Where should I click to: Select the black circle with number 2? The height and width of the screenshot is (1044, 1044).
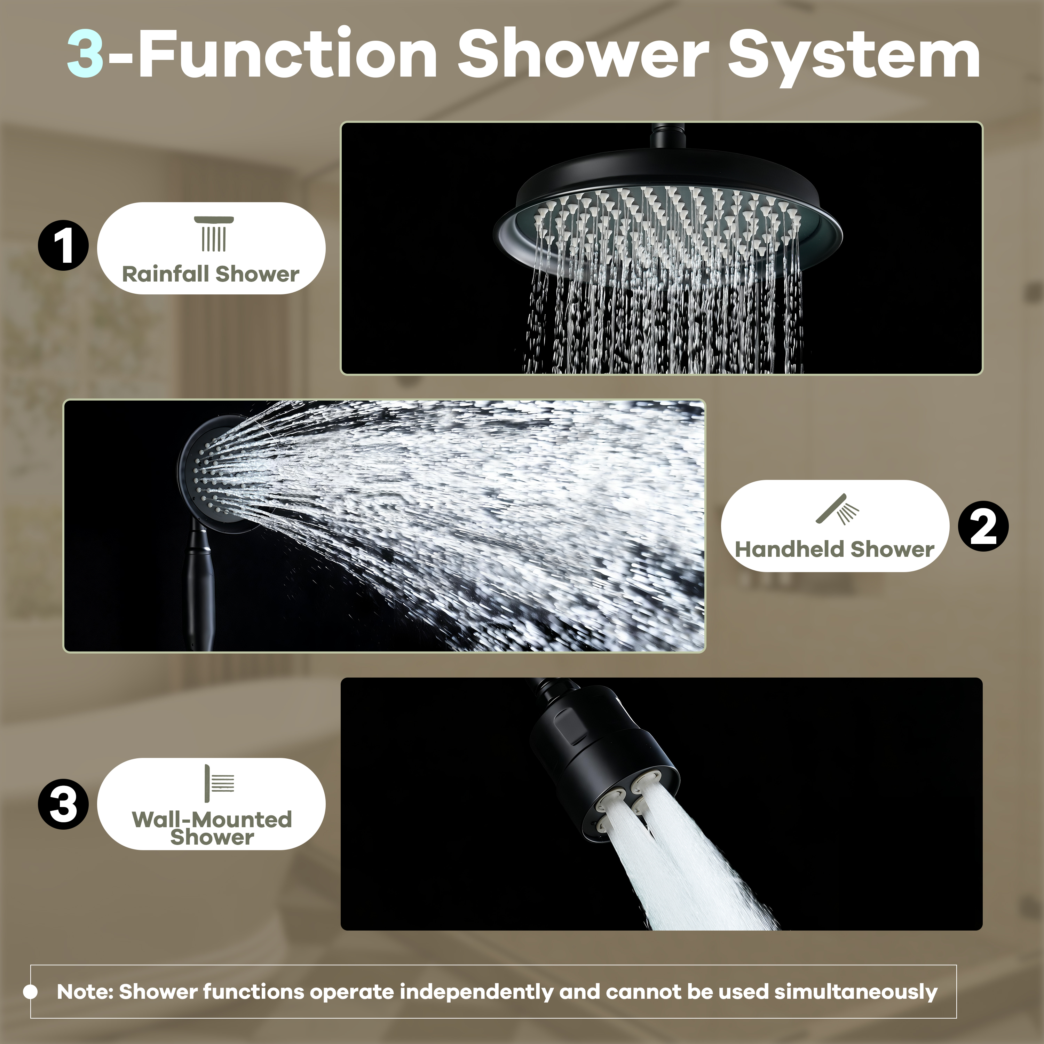tap(983, 526)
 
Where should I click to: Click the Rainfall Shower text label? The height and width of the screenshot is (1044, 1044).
tap(211, 274)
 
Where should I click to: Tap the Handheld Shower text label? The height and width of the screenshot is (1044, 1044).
tap(835, 549)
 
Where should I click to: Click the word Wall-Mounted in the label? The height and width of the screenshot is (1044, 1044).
tap(212, 819)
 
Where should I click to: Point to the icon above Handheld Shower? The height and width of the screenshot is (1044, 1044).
tap(837, 509)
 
